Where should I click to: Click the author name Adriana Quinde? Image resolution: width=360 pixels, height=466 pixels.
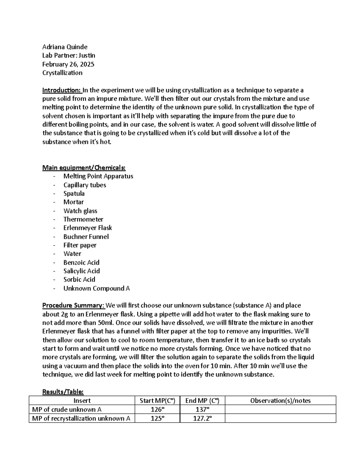coord(65,47)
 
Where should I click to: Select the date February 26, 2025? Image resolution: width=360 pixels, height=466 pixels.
coord(68,64)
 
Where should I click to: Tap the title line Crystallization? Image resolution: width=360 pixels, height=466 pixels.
coord(62,73)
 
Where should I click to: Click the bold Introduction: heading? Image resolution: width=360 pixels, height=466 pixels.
coord(61,90)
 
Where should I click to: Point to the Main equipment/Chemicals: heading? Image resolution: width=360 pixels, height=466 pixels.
coord(84,167)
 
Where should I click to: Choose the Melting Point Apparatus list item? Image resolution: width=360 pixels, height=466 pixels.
coord(98,176)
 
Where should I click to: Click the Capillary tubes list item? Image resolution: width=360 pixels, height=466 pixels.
coord(85,185)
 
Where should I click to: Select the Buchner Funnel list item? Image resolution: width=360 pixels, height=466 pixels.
coord(86,237)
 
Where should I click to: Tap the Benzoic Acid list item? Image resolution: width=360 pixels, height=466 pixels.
coord(81,263)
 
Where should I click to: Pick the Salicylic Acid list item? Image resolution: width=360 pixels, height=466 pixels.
coord(82,271)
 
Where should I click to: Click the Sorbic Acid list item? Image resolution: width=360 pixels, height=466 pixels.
coord(79,280)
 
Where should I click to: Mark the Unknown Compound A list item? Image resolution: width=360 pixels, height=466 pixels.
coord(96,288)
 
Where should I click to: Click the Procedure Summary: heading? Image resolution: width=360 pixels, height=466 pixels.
coord(73,305)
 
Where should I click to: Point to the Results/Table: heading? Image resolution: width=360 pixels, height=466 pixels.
coord(63,392)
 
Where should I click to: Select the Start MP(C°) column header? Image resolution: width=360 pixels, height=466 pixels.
coord(157,401)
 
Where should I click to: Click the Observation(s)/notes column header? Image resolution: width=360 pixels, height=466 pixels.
coord(280,401)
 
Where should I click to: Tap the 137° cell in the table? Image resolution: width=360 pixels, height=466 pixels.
coord(202,410)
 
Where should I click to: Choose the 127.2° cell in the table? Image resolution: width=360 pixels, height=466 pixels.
coord(202,418)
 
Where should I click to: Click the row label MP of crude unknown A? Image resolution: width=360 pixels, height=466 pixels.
coord(67,410)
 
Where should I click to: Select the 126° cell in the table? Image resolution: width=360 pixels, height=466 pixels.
coord(157,410)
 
